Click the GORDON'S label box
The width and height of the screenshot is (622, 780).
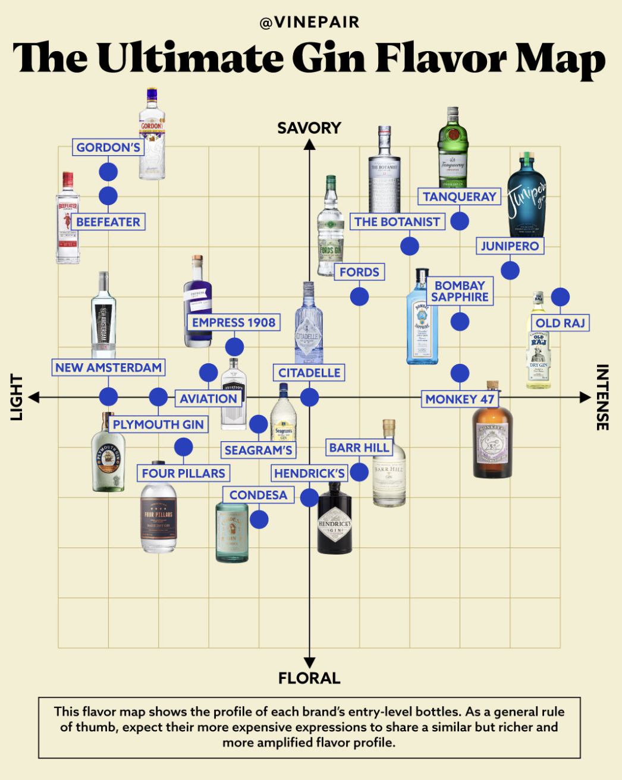pos(108,147)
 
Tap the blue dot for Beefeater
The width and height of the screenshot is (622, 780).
pos(108,196)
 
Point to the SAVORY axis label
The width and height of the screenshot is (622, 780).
pos(309,128)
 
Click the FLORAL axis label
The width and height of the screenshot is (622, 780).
pos(309,678)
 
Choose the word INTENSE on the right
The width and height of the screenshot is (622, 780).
pos(602,397)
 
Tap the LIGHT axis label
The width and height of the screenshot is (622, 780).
pos(16,397)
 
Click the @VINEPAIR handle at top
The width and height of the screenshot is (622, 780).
pos(310,23)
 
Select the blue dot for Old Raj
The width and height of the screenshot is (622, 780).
pos(560,297)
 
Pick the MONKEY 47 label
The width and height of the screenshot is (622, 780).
pos(460,400)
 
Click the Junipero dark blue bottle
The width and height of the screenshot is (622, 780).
pos(526,196)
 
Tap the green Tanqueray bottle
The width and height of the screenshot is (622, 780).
pos(453,149)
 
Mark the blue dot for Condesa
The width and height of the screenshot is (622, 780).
pos(259,520)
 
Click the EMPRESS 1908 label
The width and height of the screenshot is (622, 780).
pos(234,323)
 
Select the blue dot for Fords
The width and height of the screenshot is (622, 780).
pos(359,296)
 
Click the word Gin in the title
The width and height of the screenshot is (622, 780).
pos(329,59)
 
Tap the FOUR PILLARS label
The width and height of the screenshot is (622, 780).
pos(183,473)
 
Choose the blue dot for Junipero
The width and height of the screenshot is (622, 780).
pos(510,271)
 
